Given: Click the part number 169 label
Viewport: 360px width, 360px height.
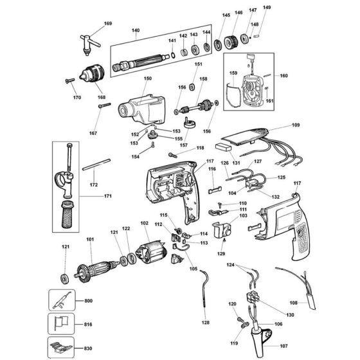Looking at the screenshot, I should coord(107,24).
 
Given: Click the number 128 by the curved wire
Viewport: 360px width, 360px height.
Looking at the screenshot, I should coord(205,323).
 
